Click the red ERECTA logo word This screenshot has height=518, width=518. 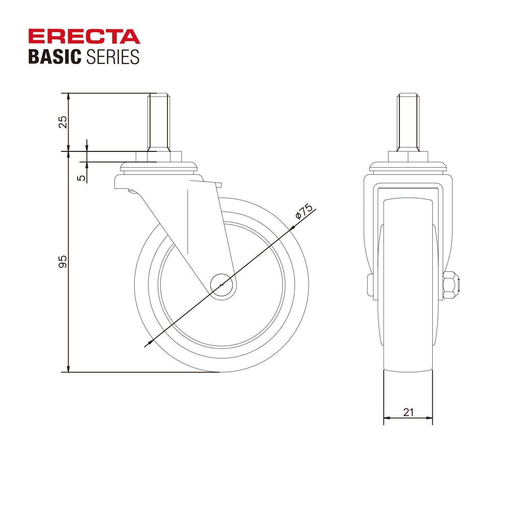click(84, 37)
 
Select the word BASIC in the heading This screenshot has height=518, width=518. click(55, 57)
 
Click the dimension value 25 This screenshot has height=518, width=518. click(63, 122)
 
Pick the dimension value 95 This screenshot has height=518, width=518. click(63, 261)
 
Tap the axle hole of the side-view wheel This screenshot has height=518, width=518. click(223, 285)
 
